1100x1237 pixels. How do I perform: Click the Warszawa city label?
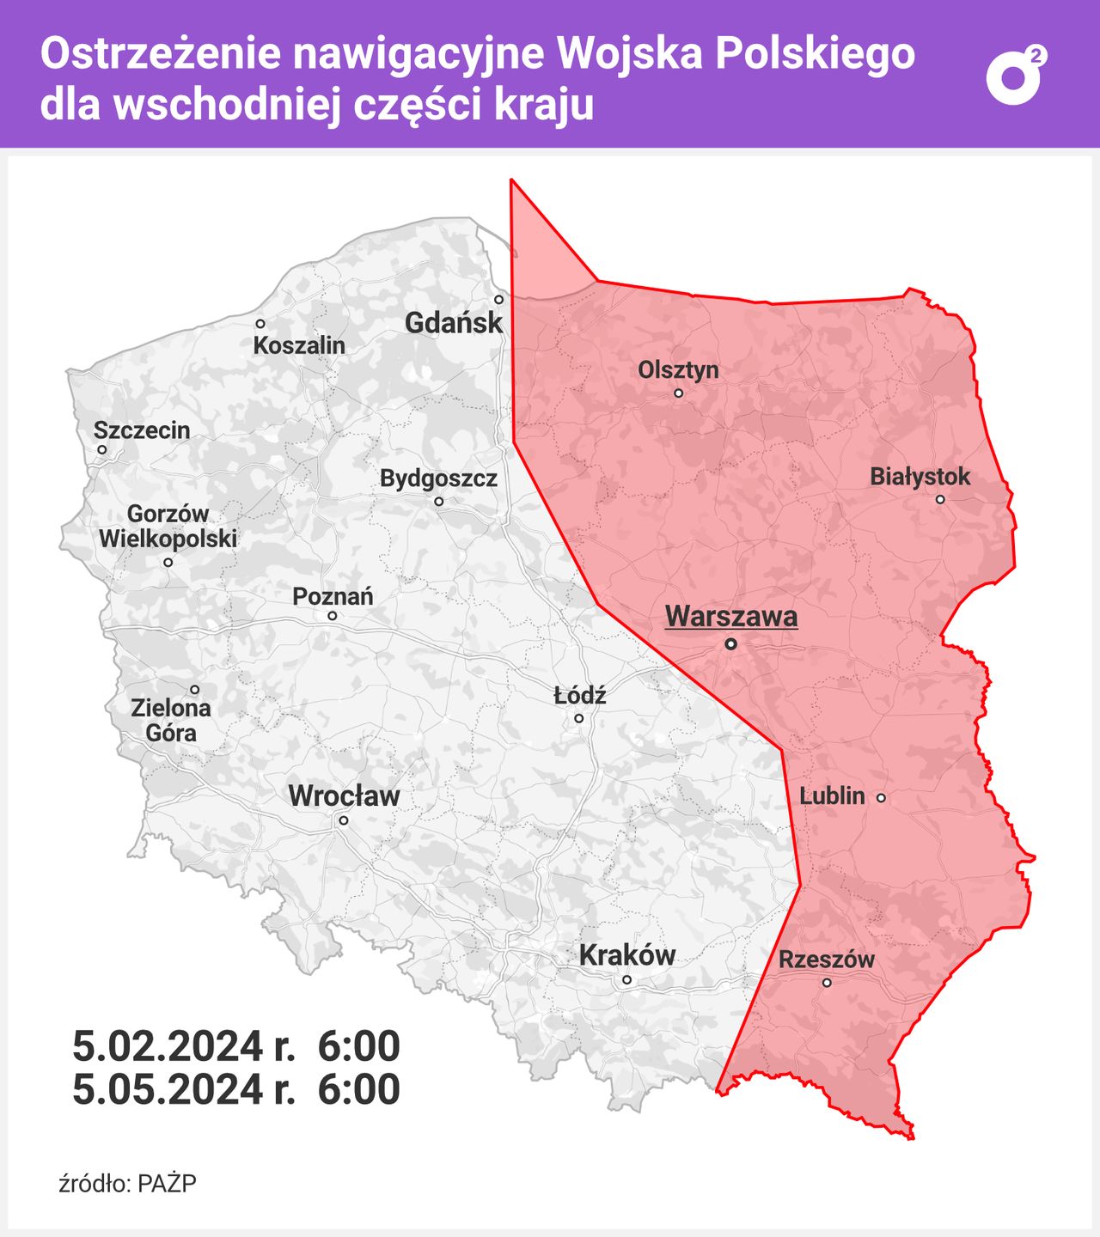point(731,616)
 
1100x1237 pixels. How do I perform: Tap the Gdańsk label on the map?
point(454,323)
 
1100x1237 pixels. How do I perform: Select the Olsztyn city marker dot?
point(678,393)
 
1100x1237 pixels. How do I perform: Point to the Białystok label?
point(920,477)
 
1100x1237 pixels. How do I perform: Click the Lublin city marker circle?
point(881,798)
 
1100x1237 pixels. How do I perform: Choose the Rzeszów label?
point(827,960)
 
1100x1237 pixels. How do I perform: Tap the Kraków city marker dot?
point(626,979)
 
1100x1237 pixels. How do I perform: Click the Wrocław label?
point(344,796)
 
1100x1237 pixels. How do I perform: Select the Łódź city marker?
point(578,718)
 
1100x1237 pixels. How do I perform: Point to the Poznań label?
point(333,596)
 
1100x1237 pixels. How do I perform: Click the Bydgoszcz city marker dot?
point(438,502)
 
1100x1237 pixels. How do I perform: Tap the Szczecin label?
point(142,430)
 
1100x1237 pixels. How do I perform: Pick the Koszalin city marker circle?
point(260,324)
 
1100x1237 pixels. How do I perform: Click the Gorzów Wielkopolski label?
point(168,527)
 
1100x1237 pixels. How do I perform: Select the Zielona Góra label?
point(171,720)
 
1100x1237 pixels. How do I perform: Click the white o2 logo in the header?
point(1016,76)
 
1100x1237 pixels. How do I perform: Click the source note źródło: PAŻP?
point(127,1184)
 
